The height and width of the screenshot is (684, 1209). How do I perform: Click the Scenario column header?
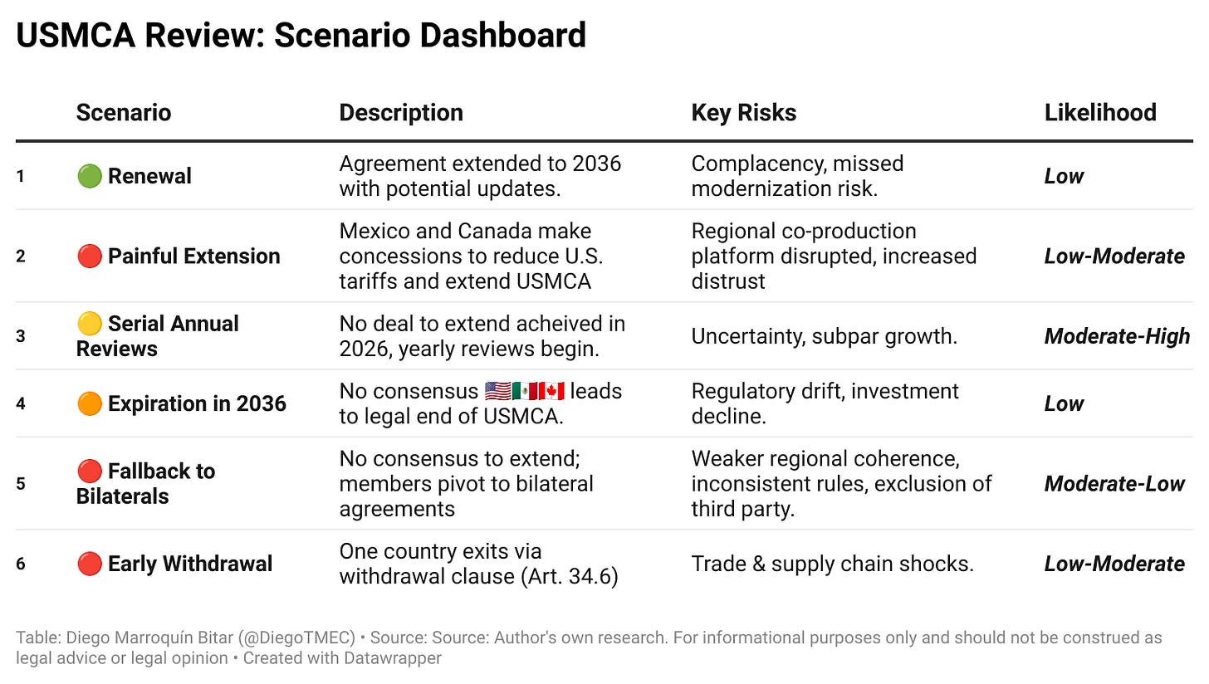pyautogui.click(x=123, y=113)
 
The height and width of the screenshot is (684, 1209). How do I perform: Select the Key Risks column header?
pyautogui.click(x=743, y=113)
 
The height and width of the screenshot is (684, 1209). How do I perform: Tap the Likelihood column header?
pyautogui.click(x=1099, y=113)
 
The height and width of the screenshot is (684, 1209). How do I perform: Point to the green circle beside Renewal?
pyautogui.click(x=89, y=176)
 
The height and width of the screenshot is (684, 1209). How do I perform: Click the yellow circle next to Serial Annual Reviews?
pyautogui.click(x=89, y=324)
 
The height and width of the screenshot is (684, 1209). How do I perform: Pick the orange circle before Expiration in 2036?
pyautogui.click(x=89, y=403)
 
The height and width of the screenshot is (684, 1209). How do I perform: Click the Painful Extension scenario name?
pyautogui.click(x=193, y=256)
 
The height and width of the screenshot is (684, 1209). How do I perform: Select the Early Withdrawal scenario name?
pyautogui.click(x=189, y=564)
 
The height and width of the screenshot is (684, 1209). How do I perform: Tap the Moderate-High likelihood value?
pyautogui.click(x=1117, y=336)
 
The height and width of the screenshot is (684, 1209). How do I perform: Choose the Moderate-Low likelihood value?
pyautogui.click(x=1114, y=484)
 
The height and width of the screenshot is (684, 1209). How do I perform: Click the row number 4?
pyautogui.click(x=21, y=404)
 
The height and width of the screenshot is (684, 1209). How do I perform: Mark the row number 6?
pyautogui.click(x=21, y=564)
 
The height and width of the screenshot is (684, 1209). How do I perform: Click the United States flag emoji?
pyautogui.click(x=498, y=392)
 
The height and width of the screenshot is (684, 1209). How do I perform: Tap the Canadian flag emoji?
pyautogui.click(x=551, y=392)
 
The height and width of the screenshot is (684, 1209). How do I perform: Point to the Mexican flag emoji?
pyautogui.click(x=525, y=392)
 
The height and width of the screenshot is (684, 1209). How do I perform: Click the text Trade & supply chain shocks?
pyautogui.click(x=832, y=564)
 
